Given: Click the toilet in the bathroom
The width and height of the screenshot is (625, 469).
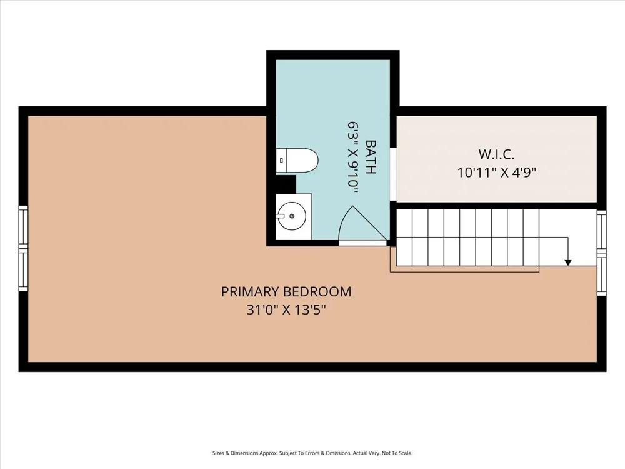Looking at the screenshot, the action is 297,161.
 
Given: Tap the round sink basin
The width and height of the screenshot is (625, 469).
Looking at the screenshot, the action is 292,216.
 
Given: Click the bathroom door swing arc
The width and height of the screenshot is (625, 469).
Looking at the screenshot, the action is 344,223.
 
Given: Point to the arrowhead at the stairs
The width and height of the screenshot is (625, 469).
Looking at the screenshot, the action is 568,263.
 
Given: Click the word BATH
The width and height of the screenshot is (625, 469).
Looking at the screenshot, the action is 371,157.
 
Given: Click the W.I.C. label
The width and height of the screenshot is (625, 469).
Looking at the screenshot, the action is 496,154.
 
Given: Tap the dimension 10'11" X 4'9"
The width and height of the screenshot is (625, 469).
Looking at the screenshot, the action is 496,173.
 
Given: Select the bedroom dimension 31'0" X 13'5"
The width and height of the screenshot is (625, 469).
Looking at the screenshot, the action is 286,310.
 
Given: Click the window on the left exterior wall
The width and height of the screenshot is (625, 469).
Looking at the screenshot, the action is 24,248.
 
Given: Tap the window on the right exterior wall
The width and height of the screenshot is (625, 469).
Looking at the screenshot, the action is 601,253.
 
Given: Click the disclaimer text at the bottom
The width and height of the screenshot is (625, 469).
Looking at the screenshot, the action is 312,453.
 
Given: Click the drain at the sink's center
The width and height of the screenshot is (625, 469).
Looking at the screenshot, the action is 292,216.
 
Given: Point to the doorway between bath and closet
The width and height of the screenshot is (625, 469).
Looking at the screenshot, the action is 393,174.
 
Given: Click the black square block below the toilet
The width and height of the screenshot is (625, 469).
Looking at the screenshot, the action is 286,184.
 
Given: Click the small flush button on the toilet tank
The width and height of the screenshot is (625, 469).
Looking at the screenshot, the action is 282,160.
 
